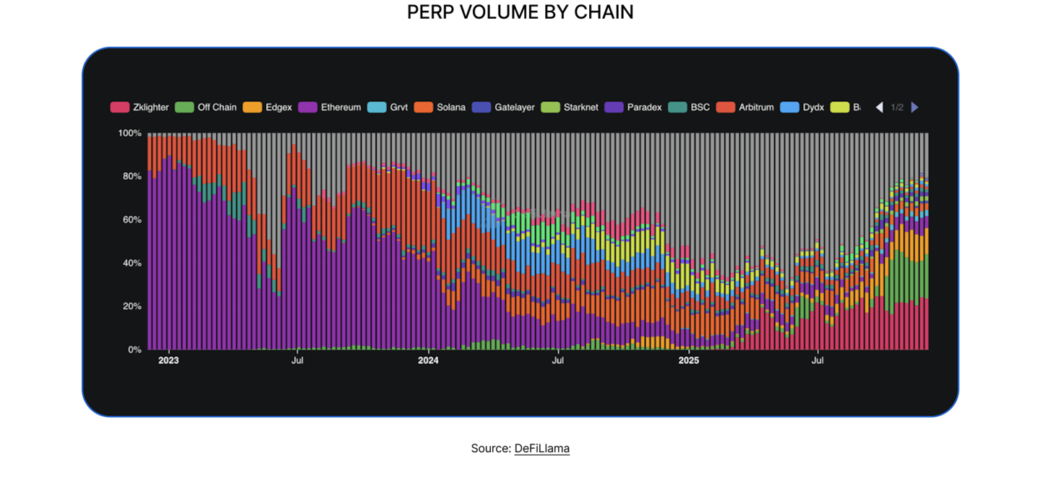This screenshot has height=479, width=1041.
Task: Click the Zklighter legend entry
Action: [140, 107]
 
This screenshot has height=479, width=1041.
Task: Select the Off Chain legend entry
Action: [206, 107]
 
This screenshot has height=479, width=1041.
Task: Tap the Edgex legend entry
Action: [268, 107]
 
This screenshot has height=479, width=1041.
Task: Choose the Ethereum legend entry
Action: [330, 107]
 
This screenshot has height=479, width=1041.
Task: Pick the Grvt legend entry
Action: [388, 107]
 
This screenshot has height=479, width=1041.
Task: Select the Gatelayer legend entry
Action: [504, 107]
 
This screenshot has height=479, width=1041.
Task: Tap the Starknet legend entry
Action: [570, 107]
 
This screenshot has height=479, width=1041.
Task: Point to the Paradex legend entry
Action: [634, 107]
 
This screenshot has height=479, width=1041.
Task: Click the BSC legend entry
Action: [690, 107]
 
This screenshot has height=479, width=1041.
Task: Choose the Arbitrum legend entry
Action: [745, 107]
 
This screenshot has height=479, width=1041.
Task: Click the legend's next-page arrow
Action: [914, 107]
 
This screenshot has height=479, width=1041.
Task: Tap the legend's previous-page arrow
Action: [879, 107]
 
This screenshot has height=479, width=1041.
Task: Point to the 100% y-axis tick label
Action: [129, 133]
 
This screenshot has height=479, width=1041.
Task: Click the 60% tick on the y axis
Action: [132, 220]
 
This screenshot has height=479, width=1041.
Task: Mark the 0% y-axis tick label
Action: [134, 350]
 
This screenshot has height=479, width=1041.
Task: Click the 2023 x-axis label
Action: [168, 359]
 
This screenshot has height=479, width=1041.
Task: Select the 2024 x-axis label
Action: [429, 359]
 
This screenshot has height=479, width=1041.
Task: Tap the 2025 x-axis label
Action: [688, 359]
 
